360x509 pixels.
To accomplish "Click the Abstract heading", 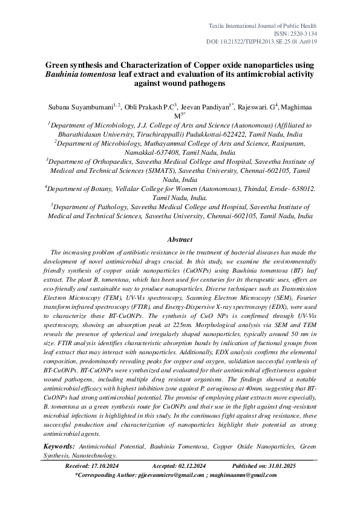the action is tap(180, 239).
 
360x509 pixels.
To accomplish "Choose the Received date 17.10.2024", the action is tap(97, 466).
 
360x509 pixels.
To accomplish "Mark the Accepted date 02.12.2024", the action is tap(188, 466).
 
